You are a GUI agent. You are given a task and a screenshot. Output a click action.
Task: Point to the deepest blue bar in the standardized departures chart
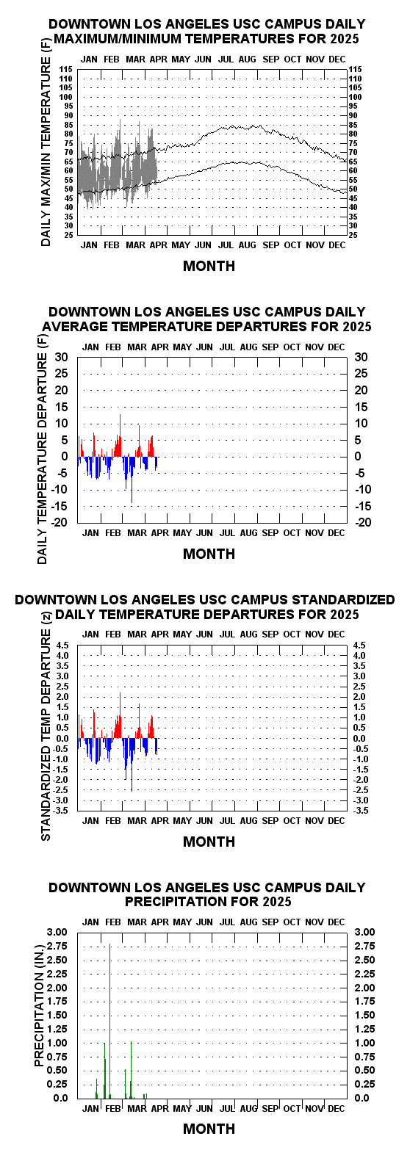click(132, 765)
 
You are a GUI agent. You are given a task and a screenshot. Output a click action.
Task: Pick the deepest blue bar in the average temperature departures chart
click(132, 480)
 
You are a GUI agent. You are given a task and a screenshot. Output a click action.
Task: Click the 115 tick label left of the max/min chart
click(66, 69)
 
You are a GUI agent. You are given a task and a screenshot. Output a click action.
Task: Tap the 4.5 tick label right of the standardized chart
click(359, 645)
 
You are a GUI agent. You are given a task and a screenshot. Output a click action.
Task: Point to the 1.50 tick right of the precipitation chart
click(364, 1015)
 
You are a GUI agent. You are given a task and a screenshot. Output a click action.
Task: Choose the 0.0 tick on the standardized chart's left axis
click(62, 739)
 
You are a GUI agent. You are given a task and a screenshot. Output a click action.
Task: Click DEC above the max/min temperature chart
click(337, 59)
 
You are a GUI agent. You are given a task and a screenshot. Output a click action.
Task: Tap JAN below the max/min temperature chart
click(89, 245)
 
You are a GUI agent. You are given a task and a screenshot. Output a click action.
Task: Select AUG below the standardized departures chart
click(248, 821)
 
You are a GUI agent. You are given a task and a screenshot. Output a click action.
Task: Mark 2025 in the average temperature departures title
click(357, 327)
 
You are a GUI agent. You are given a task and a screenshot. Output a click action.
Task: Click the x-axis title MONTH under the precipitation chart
click(209, 1129)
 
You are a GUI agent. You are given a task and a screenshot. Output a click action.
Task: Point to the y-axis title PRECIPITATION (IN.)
click(40, 1015)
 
